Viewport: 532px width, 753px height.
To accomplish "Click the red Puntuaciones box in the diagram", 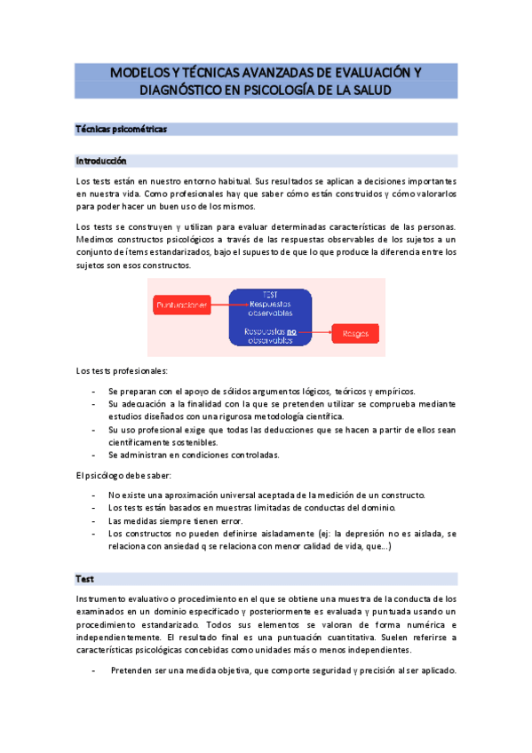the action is [182, 305].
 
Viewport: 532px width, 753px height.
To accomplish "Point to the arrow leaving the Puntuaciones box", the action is [221, 305].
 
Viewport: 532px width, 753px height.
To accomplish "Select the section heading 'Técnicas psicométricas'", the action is [122, 130].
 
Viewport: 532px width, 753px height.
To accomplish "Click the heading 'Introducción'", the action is [101, 162].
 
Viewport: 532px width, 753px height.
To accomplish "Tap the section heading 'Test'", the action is [85, 579].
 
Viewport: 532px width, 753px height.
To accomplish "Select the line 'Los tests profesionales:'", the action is [122, 370].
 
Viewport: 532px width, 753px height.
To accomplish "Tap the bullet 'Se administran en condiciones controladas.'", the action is [193, 455].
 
